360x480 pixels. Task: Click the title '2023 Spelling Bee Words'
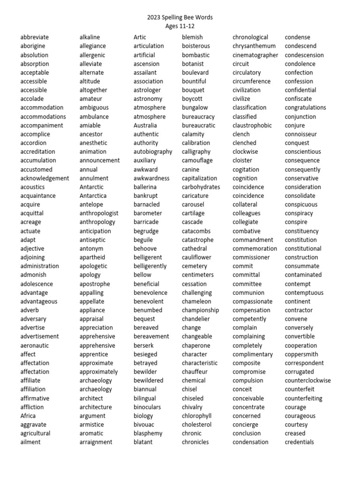(x=180, y=17)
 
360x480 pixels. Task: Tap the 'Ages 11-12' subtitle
(x=180, y=26)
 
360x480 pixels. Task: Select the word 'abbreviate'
(x=34, y=37)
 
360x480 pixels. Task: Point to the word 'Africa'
(x=28, y=416)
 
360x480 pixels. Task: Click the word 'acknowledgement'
(x=45, y=178)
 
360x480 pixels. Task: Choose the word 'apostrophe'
(x=95, y=284)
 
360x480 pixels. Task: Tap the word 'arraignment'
(x=96, y=442)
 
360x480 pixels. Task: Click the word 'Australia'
(x=145, y=125)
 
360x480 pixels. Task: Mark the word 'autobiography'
(x=153, y=152)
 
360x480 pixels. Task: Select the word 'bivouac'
(x=143, y=425)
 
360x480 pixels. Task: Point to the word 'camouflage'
(x=197, y=160)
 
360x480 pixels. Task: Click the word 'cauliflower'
(x=196, y=257)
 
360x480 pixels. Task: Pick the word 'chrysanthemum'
(x=254, y=46)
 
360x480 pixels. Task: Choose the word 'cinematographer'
(x=256, y=55)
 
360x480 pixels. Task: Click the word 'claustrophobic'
(x=252, y=125)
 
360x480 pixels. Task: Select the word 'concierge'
(x=245, y=425)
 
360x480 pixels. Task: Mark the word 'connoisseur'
(x=300, y=134)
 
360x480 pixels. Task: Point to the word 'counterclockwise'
(x=307, y=381)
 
